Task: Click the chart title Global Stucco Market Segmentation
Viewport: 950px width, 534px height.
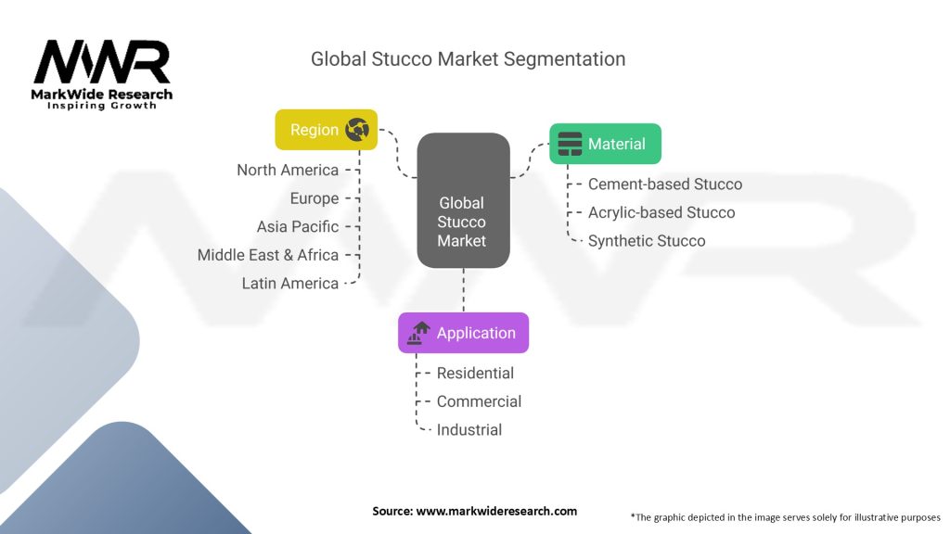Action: pyautogui.click(x=468, y=59)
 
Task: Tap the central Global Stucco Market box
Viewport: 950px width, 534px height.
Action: pyautogui.click(x=462, y=221)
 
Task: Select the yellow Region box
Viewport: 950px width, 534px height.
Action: pyautogui.click(x=326, y=130)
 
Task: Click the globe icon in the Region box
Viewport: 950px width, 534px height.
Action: pyautogui.click(x=357, y=130)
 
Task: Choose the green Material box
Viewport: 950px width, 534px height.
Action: pyautogui.click(x=605, y=144)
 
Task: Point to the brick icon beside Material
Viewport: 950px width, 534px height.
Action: pyautogui.click(x=570, y=144)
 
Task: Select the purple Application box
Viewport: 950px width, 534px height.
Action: pyautogui.click(x=463, y=333)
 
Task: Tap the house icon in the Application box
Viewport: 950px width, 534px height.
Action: pyautogui.click(x=419, y=333)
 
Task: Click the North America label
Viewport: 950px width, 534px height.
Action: pyautogui.click(x=288, y=170)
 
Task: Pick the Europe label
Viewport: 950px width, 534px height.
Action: pyautogui.click(x=315, y=198)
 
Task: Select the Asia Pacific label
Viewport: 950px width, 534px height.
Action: pyautogui.click(x=298, y=226)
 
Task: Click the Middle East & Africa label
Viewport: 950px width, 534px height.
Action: pyautogui.click(x=268, y=255)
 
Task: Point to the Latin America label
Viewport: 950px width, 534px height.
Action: pyautogui.click(x=290, y=283)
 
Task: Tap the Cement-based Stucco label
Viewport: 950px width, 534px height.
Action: pyautogui.click(x=665, y=184)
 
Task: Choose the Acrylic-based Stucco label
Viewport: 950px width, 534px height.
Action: pyautogui.click(x=661, y=212)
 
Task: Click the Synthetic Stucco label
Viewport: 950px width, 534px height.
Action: pyautogui.click(x=647, y=241)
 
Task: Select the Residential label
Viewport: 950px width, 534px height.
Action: pyautogui.click(x=475, y=373)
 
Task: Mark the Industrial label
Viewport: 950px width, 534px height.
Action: pyautogui.click(x=469, y=429)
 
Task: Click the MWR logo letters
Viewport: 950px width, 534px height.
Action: pyautogui.click(x=102, y=63)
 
